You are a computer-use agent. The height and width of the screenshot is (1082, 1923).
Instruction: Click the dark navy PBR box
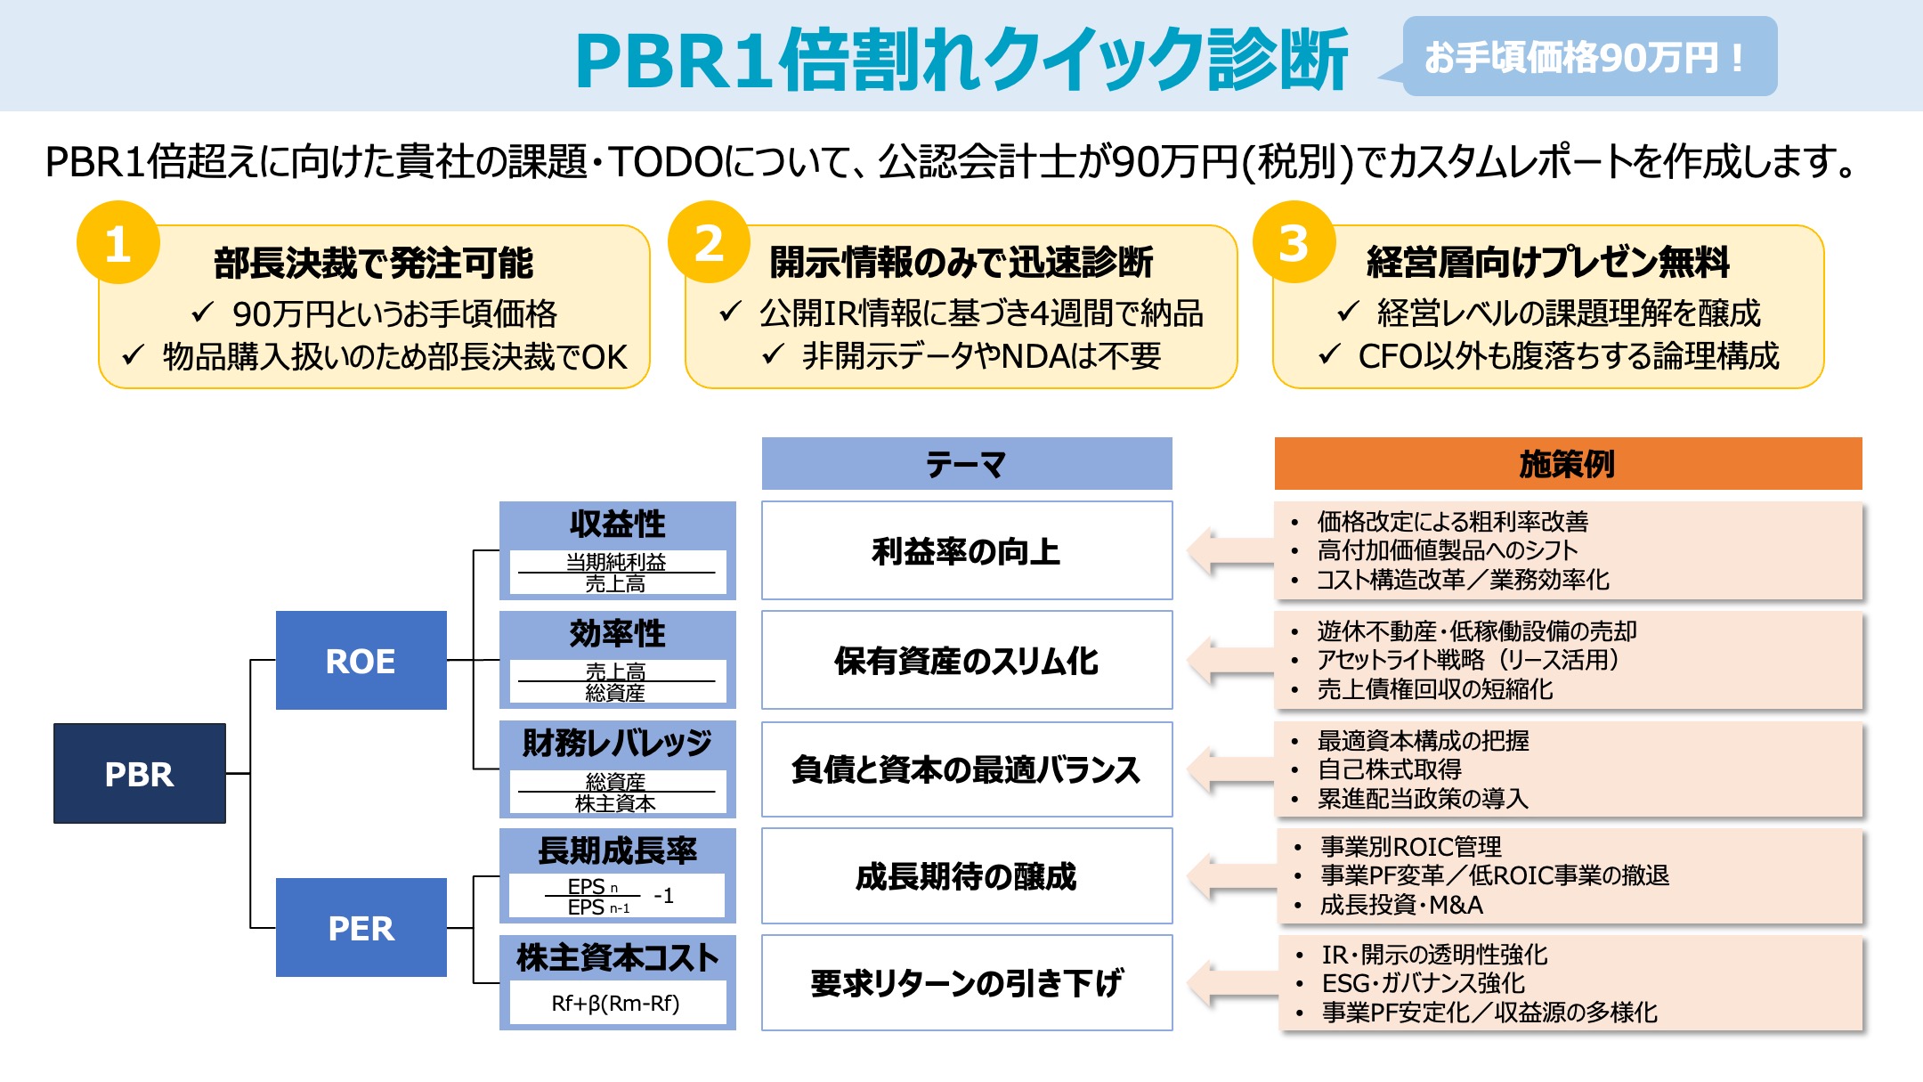click(x=140, y=773)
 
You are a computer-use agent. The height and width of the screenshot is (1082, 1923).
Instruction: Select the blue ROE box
click(x=361, y=660)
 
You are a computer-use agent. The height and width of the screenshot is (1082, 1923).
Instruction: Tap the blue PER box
click(x=361, y=927)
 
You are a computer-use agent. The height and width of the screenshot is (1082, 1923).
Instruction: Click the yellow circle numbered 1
click(x=118, y=242)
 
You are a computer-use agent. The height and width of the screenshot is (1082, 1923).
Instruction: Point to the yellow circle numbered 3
click(x=1294, y=242)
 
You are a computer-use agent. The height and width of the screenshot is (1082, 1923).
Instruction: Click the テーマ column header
click(x=967, y=463)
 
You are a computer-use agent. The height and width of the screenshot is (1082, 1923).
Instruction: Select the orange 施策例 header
click(x=1567, y=463)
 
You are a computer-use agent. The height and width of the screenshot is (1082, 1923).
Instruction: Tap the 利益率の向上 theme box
click(x=967, y=550)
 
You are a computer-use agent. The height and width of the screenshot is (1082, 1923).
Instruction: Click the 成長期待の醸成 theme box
click(x=967, y=876)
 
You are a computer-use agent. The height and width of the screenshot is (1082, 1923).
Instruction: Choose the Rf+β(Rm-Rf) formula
click(x=615, y=1003)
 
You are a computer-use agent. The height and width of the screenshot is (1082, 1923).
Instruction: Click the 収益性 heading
click(x=617, y=524)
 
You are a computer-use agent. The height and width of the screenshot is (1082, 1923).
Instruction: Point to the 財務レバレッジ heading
click(x=617, y=742)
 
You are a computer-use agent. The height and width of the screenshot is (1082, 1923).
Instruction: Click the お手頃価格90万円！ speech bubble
click(x=1588, y=57)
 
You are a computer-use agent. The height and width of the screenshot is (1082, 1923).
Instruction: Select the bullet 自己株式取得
click(x=1389, y=769)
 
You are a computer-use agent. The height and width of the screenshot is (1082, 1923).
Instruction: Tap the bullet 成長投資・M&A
click(x=1401, y=905)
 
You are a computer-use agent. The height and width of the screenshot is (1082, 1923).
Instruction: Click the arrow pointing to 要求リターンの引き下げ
click(x=1229, y=983)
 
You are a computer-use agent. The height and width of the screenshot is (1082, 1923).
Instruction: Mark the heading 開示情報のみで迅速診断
click(x=961, y=262)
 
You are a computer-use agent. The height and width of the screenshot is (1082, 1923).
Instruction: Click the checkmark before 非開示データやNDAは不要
click(x=772, y=354)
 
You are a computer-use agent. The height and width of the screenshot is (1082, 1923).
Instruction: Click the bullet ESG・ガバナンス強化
click(x=1423, y=983)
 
